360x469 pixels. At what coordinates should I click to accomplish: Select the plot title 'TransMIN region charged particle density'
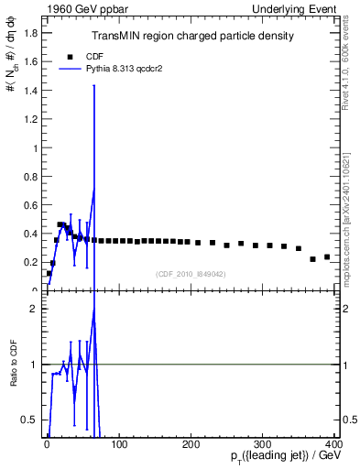tap(192, 37)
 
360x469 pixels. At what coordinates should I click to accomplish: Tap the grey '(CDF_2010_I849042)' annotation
tap(191, 274)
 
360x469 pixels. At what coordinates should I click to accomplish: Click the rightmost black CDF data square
tap(327, 257)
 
